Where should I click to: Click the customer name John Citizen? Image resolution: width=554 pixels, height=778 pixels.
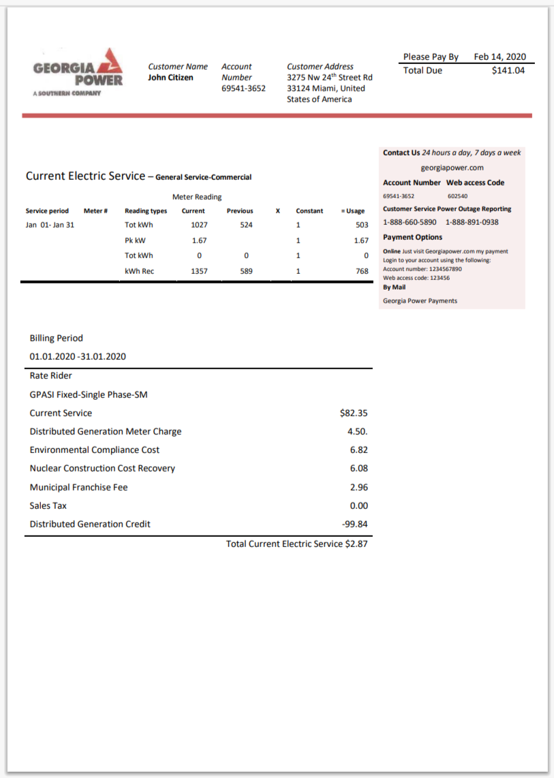coord(170,78)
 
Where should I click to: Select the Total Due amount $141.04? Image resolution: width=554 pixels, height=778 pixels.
coord(508,70)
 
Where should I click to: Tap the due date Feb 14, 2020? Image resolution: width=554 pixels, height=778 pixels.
coord(499,57)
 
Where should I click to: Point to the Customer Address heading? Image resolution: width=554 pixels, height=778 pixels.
coord(320,67)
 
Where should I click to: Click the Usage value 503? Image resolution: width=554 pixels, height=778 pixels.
coord(362,225)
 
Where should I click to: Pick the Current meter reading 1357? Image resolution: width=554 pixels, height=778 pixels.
coord(199,271)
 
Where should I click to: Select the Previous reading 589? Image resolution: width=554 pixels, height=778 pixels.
coord(246,271)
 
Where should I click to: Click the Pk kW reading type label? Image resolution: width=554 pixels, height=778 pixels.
coord(134,240)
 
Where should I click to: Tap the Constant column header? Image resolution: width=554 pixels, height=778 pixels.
coord(309,211)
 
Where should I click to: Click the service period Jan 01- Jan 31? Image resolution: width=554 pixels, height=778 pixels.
coord(50,225)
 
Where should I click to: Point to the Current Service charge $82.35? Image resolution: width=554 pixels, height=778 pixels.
coord(354,413)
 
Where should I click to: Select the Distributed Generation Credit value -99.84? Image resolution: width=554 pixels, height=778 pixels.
coord(354,524)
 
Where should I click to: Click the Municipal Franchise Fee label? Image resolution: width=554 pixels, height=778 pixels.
coord(78,487)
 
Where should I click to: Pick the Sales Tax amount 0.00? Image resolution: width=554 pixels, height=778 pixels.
coord(358,505)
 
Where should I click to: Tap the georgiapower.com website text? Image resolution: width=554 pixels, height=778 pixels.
coord(452,168)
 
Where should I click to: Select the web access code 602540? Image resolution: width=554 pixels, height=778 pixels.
coord(457,196)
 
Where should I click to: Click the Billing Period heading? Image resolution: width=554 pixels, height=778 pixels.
coord(56,338)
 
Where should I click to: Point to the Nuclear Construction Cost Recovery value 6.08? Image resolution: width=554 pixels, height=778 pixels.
coord(358,469)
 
